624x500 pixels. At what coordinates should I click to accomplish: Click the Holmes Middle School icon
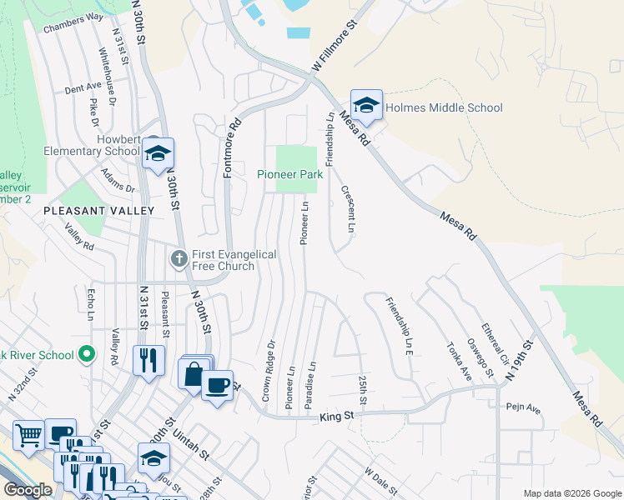point(366,106)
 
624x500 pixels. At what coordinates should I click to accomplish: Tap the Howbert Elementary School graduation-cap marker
point(158,154)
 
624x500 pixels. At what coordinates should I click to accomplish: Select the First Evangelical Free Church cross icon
point(178,259)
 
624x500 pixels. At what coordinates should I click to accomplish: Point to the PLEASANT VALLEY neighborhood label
point(99,211)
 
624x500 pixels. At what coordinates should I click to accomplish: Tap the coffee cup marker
point(217,385)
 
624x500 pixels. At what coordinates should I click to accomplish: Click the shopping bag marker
point(194,374)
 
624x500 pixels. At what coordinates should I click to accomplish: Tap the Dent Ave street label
point(83,87)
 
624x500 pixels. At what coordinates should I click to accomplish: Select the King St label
point(337,414)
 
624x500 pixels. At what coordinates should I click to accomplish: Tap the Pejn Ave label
point(523,409)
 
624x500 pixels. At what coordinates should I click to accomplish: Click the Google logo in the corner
point(28,490)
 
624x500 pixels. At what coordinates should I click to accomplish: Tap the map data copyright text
point(572,493)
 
